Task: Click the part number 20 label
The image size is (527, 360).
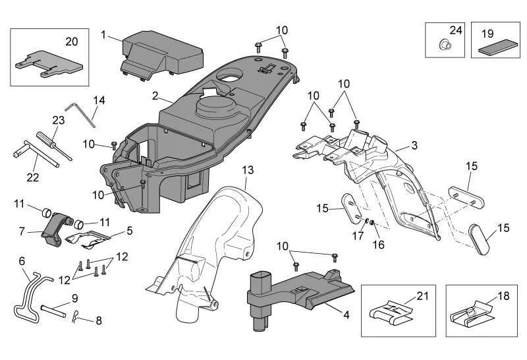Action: click(71, 41)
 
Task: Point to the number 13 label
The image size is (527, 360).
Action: click(246, 170)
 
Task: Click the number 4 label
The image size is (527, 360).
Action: click(346, 315)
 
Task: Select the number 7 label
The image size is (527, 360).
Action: click(21, 231)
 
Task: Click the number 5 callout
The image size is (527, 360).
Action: click(130, 231)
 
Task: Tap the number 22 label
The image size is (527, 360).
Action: click(33, 177)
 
